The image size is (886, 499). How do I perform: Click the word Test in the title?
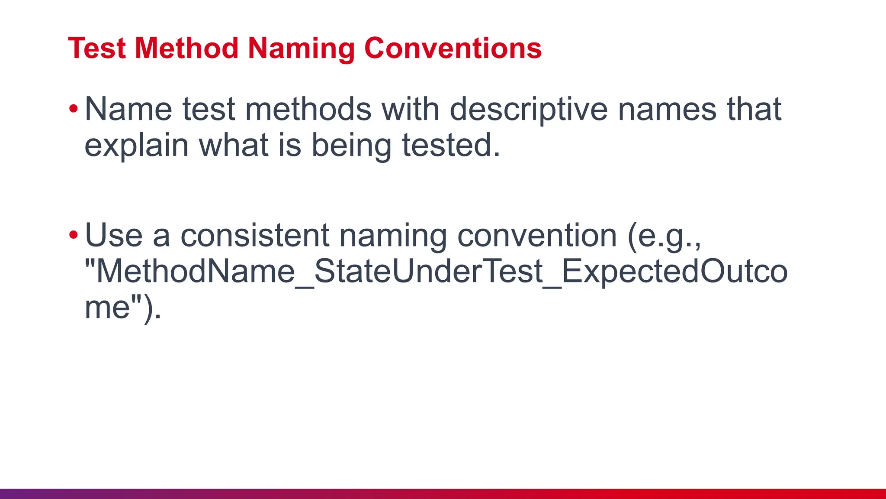click(x=96, y=48)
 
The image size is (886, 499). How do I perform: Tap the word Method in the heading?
click(x=186, y=48)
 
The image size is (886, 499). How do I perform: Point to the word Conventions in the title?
click(x=453, y=48)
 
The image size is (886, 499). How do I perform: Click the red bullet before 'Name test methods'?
click(x=74, y=109)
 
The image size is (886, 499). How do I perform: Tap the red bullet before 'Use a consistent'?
click(x=74, y=235)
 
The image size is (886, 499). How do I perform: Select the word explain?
click(x=136, y=146)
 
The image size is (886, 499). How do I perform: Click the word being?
click(x=351, y=146)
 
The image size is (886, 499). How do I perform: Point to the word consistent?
click(x=255, y=236)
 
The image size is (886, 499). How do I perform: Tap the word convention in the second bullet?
click(x=537, y=236)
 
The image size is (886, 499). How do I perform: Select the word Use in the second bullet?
click(x=114, y=236)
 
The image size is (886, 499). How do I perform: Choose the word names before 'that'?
click(x=667, y=110)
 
